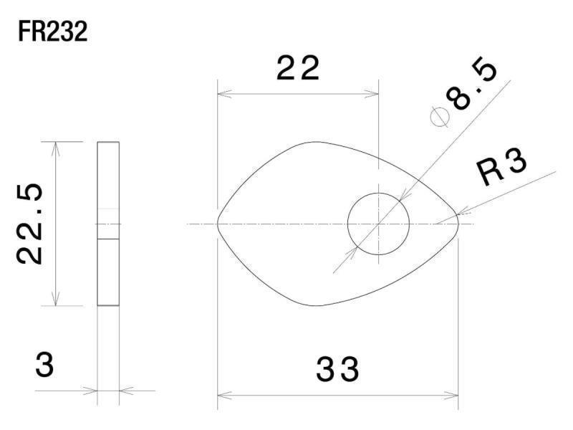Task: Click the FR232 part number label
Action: click(52, 32)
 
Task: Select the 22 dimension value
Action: click(298, 68)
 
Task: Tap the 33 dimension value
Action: click(337, 370)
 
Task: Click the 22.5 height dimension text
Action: click(30, 224)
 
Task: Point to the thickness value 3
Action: click(44, 365)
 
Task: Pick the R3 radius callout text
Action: click(502, 167)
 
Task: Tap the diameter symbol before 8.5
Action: click(440, 117)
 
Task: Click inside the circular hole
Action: click(379, 224)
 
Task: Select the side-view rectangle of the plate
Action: click(108, 224)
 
